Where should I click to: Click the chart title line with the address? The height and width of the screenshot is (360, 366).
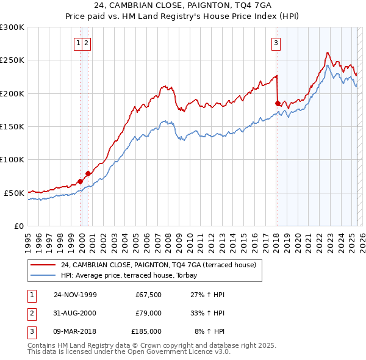[x=182, y=4]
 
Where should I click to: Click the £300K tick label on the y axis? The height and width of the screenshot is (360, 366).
[x=12, y=27]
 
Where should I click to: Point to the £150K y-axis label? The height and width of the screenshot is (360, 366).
[x=12, y=126]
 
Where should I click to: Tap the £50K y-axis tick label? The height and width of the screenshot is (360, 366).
[x=14, y=193]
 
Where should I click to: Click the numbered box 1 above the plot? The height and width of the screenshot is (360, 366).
[x=79, y=43]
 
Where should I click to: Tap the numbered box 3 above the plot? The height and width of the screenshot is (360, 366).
[x=276, y=43]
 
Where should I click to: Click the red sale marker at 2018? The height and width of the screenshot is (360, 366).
[x=278, y=104]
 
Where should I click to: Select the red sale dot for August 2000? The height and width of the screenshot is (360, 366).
[x=88, y=173]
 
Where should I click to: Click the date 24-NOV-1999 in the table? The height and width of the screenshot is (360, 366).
[x=75, y=295]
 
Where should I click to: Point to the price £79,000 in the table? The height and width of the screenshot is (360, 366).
[x=147, y=313]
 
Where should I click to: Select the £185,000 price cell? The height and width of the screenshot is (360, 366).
[x=146, y=331]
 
